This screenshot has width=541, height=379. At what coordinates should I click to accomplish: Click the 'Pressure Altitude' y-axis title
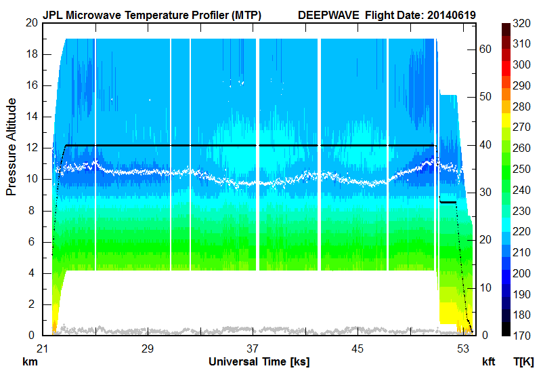click(12, 146)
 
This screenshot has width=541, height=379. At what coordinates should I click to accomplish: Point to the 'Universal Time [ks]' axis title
click(259, 361)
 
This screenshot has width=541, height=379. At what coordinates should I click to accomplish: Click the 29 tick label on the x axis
click(148, 348)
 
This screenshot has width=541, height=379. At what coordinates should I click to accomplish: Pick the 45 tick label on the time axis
click(358, 348)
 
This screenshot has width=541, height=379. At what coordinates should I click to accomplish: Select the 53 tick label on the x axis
click(463, 348)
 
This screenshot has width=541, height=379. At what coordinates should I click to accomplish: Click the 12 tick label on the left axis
click(30, 148)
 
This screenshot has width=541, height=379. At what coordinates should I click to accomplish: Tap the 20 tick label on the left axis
click(30, 23)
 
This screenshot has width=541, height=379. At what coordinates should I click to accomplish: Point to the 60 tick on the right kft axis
click(485, 49)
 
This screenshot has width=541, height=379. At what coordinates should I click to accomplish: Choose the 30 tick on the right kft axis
click(485, 192)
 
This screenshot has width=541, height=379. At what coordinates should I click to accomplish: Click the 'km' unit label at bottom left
click(30, 362)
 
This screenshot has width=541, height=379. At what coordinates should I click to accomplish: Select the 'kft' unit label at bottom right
click(490, 362)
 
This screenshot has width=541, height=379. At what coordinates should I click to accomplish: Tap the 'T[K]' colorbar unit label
click(524, 362)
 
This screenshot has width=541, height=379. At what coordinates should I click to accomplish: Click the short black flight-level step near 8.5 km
click(448, 202)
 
